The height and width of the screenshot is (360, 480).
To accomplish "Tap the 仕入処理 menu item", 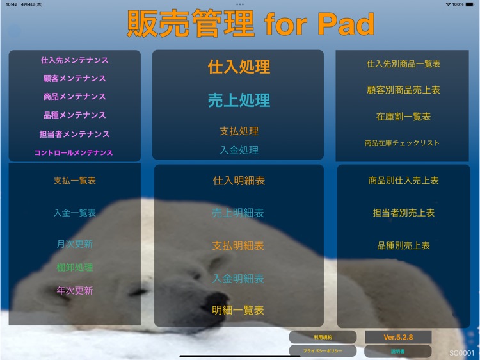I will point(239,67).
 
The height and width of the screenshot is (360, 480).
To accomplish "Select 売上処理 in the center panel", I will point(239,100).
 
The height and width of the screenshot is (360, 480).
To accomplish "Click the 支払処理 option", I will point(239,131).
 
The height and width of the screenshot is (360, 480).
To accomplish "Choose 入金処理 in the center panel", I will point(239,150).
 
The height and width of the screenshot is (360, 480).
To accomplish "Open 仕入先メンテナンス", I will point(74,60).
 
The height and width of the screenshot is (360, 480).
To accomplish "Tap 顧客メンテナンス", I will point(74,78).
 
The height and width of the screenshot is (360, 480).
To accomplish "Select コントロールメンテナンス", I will point(74,152).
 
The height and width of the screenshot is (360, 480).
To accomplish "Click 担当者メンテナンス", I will point(74,134).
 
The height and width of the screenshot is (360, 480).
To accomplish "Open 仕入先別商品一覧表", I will point(403,64).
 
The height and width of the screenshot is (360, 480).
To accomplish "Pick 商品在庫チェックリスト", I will point(402,143).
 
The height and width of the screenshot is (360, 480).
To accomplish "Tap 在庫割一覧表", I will point(403,117).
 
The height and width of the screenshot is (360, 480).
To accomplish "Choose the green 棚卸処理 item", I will point(74,267).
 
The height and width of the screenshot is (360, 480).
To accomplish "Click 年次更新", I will point(74,290).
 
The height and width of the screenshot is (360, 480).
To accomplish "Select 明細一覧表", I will point(238,310).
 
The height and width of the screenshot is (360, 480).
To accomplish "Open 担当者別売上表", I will point(403,213).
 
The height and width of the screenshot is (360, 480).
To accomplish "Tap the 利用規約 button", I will point(323,336).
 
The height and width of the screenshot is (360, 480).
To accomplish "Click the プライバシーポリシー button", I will point(323,351).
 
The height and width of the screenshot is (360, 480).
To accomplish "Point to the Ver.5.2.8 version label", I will point(398,336).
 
